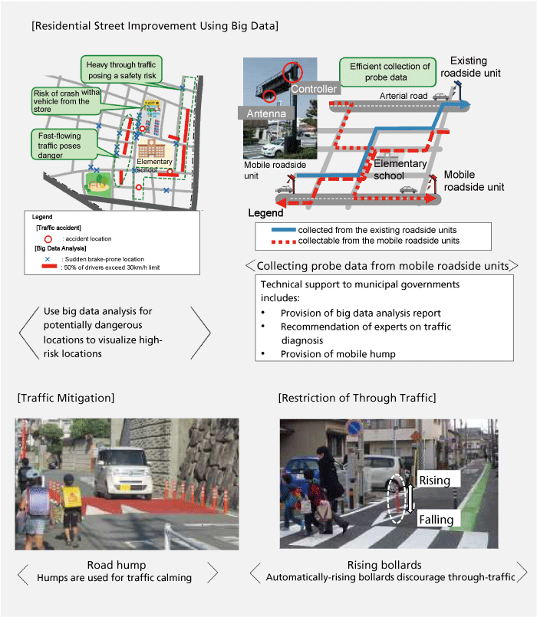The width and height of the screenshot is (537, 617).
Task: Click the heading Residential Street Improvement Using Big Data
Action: click(x=154, y=26)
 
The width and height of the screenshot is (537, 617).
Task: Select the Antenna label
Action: click(x=265, y=113)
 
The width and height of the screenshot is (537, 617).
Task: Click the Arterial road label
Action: click(x=403, y=96)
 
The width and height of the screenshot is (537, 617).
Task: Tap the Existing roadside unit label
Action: click(x=479, y=67)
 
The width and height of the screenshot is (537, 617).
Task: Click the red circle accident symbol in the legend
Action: click(x=48, y=239)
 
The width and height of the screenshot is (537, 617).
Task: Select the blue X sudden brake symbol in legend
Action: click(x=48, y=258)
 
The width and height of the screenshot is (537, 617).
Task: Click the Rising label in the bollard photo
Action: click(x=438, y=479)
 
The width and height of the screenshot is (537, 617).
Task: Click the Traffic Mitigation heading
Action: click(x=65, y=398)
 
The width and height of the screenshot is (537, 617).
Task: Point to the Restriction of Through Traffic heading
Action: click(x=357, y=398)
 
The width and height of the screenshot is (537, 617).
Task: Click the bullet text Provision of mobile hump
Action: click(x=334, y=353)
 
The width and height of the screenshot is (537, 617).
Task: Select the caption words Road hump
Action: click(x=117, y=565)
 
